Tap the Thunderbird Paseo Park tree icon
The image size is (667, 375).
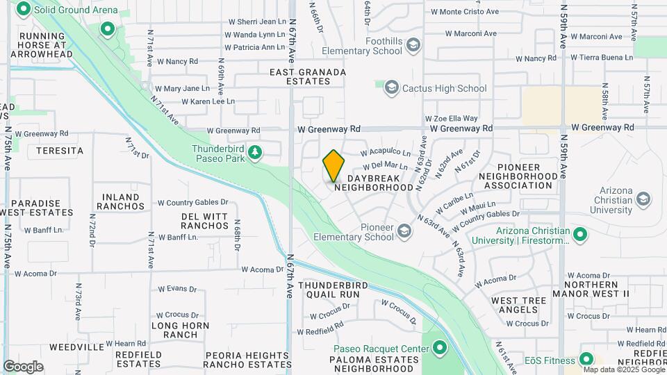[x=255, y=151]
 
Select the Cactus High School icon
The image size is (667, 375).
[x=391, y=88]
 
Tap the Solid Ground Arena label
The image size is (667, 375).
[x=66, y=8]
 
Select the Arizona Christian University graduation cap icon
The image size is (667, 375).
[x=643, y=200]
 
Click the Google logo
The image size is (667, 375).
[x=24, y=367]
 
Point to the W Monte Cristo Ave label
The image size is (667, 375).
[x=465, y=12]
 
